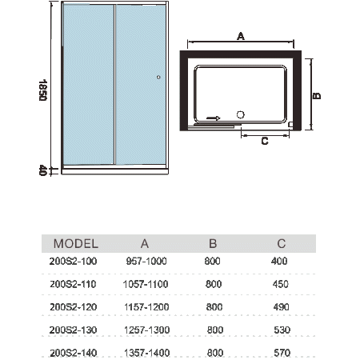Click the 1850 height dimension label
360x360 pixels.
(x=43, y=90)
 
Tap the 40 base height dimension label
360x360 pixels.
(x=43, y=170)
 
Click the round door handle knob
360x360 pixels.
(x=158, y=78)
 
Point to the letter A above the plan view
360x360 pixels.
(x=241, y=36)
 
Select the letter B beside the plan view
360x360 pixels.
(x=317, y=96)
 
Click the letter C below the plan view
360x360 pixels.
(x=265, y=141)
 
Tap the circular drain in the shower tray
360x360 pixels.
(x=241, y=114)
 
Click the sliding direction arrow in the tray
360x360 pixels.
(x=214, y=118)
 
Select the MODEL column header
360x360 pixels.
(x=76, y=244)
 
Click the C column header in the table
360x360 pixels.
(x=282, y=244)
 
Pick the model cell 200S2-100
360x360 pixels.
(x=73, y=261)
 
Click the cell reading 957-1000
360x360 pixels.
(x=146, y=261)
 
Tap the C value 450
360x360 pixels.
(x=281, y=284)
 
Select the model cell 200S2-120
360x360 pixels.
(x=74, y=307)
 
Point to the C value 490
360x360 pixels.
(x=281, y=307)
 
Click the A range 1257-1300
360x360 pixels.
(x=147, y=330)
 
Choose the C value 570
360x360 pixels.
(x=282, y=353)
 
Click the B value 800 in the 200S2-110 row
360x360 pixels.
(x=214, y=284)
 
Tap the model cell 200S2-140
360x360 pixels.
(x=74, y=353)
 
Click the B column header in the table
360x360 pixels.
(x=213, y=244)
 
